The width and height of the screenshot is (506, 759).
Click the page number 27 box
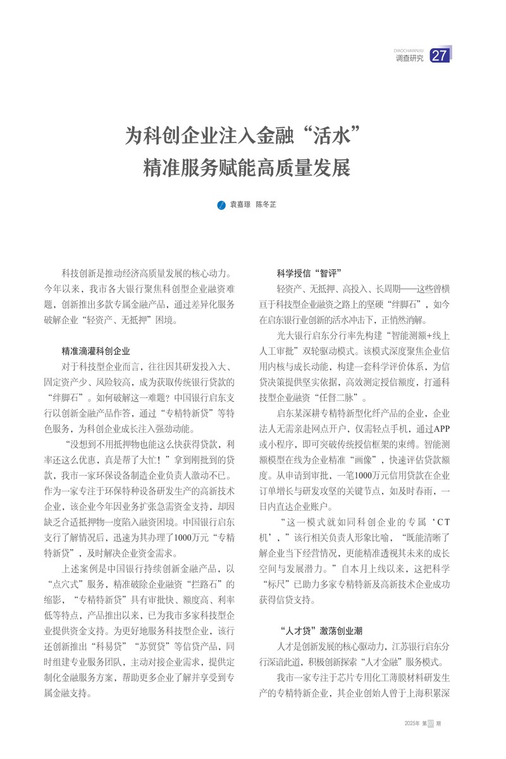point(440,56)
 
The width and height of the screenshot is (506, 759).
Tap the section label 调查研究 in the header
point(409,58)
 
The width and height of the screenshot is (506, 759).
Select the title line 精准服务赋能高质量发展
point(247,168)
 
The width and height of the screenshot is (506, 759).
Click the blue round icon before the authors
point(221,205)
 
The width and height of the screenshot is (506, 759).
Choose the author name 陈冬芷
point(266,205)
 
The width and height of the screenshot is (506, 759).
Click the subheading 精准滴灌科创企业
point(96,350)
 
